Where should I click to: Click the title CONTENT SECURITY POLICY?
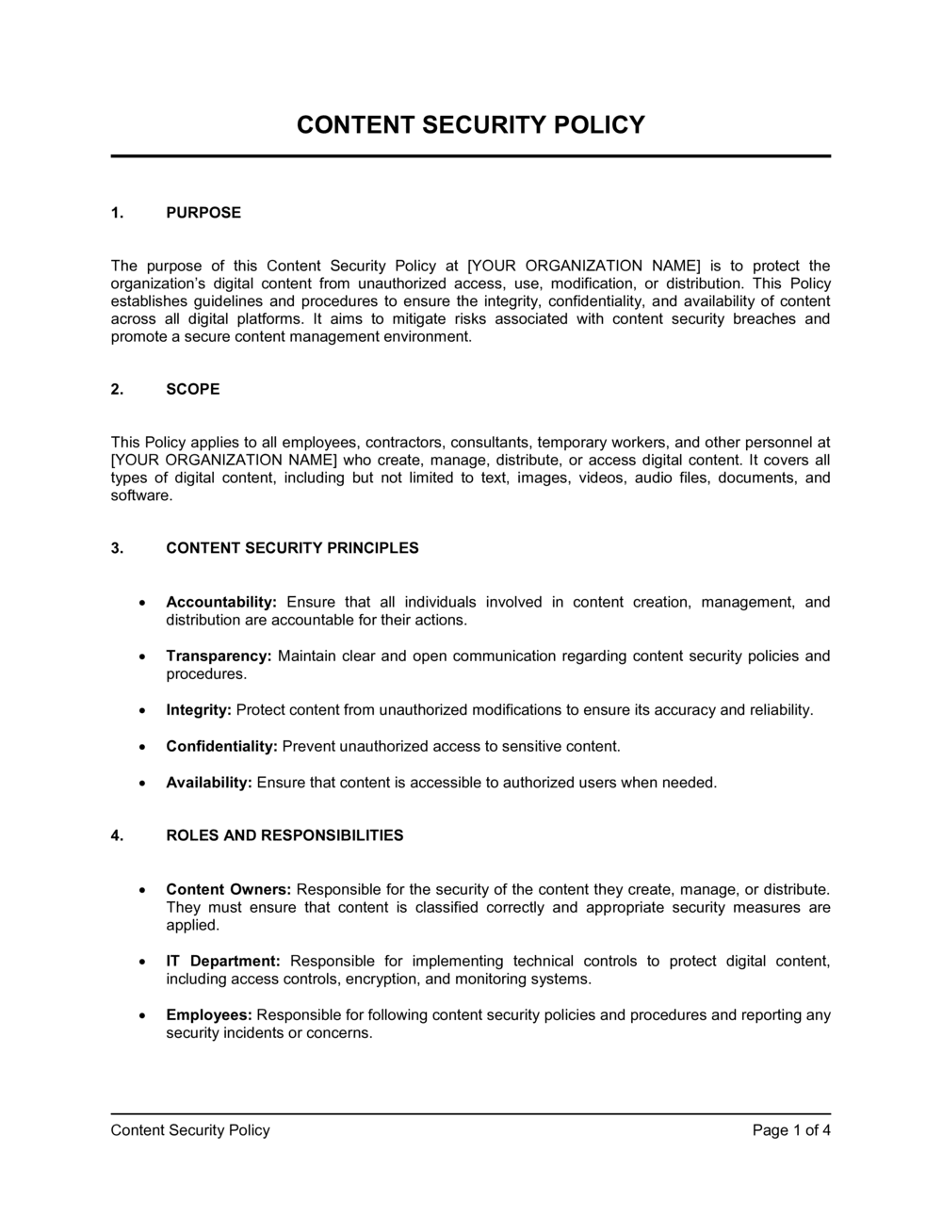471,125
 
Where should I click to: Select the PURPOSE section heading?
203,213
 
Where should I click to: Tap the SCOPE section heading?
193,389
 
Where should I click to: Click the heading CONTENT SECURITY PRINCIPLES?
292,548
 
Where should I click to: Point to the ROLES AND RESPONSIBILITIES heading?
284,835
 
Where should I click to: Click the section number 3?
117,548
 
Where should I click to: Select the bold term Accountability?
221,603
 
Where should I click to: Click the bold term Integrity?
199,710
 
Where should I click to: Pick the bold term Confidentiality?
221,747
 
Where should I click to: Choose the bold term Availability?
209,783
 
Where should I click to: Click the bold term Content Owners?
229,890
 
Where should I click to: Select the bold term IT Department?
223,962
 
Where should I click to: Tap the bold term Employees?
209,1015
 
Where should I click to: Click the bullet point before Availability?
141,784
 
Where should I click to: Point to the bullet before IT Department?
141,963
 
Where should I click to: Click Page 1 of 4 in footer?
791,1130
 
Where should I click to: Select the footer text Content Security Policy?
190,1130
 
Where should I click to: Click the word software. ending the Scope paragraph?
142,495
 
